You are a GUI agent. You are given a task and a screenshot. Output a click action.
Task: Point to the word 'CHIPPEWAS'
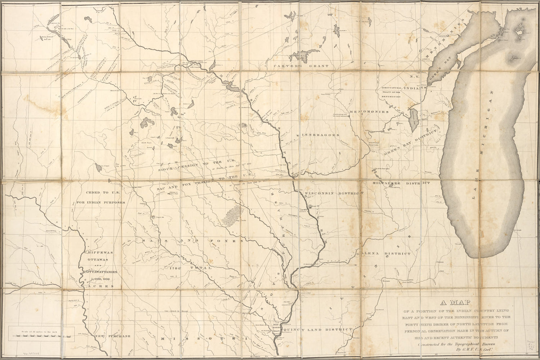tap(98, 253)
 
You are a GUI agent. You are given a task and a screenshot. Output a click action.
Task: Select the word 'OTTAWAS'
tap(98, 262)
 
